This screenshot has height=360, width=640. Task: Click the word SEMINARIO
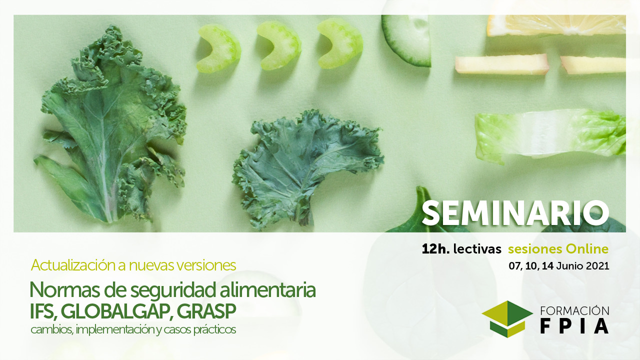click(515, 213)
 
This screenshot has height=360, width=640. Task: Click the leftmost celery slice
click(219, 48)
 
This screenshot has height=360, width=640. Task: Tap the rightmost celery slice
click(340, 43)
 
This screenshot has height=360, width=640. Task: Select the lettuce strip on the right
click(550, 135)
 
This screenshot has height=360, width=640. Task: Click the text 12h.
click(435, 249)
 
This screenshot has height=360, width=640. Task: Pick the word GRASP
click(206, 311)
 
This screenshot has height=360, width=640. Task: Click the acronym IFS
click(42, 311)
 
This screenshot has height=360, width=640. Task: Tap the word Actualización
click(73, 265)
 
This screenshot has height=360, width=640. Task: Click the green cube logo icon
click(507, 319)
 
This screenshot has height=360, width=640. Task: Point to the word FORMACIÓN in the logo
click(574, 311)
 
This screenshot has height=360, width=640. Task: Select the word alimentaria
click(267, 289)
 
